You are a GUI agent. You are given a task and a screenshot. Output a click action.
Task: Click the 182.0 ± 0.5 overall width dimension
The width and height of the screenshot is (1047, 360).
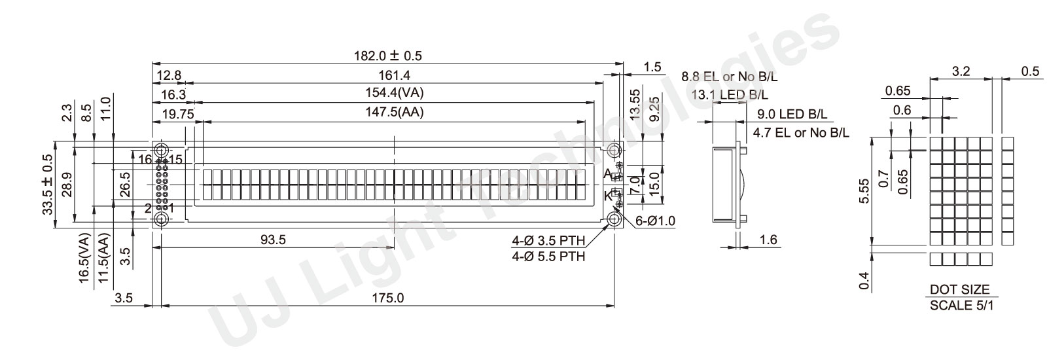387,56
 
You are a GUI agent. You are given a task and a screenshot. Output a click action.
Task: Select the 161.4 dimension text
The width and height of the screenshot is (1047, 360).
394,75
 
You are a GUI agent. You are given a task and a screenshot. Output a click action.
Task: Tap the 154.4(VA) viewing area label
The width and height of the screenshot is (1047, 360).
394,92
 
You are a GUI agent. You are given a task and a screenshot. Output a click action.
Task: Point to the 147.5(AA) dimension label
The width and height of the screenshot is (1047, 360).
394,112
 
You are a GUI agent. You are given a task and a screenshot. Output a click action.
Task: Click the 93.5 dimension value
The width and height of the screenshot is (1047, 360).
273,240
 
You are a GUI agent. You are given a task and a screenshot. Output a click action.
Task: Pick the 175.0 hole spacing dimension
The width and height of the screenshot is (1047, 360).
387,298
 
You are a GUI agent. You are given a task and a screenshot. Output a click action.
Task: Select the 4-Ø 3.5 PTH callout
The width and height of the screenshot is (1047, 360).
548,241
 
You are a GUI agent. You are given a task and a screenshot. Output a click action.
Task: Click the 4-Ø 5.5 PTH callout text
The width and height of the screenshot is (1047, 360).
548,256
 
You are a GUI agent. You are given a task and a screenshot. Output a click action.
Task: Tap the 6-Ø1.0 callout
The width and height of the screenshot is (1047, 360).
655,221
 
